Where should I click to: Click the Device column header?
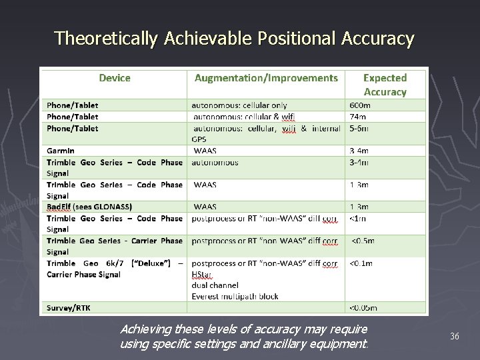(x=115, y=78)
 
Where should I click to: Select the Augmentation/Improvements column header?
(x=266, y=78)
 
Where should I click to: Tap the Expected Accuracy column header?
(x=385, y=85)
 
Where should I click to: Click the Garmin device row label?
(x=61, y=151)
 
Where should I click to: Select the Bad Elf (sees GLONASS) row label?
(x=89, y=207)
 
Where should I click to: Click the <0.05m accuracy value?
(x=363, y=308)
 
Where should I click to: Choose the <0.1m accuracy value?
(x=361, y=263)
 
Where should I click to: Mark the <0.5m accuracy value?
(x=363, y=241)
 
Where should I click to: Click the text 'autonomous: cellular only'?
(x=239, y=105)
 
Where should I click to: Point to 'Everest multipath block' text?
(x=235, y=297)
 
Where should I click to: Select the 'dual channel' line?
(x=214, y=285)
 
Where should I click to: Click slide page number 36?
(x=455, y=336)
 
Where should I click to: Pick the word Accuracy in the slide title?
(x=378, y=39)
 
